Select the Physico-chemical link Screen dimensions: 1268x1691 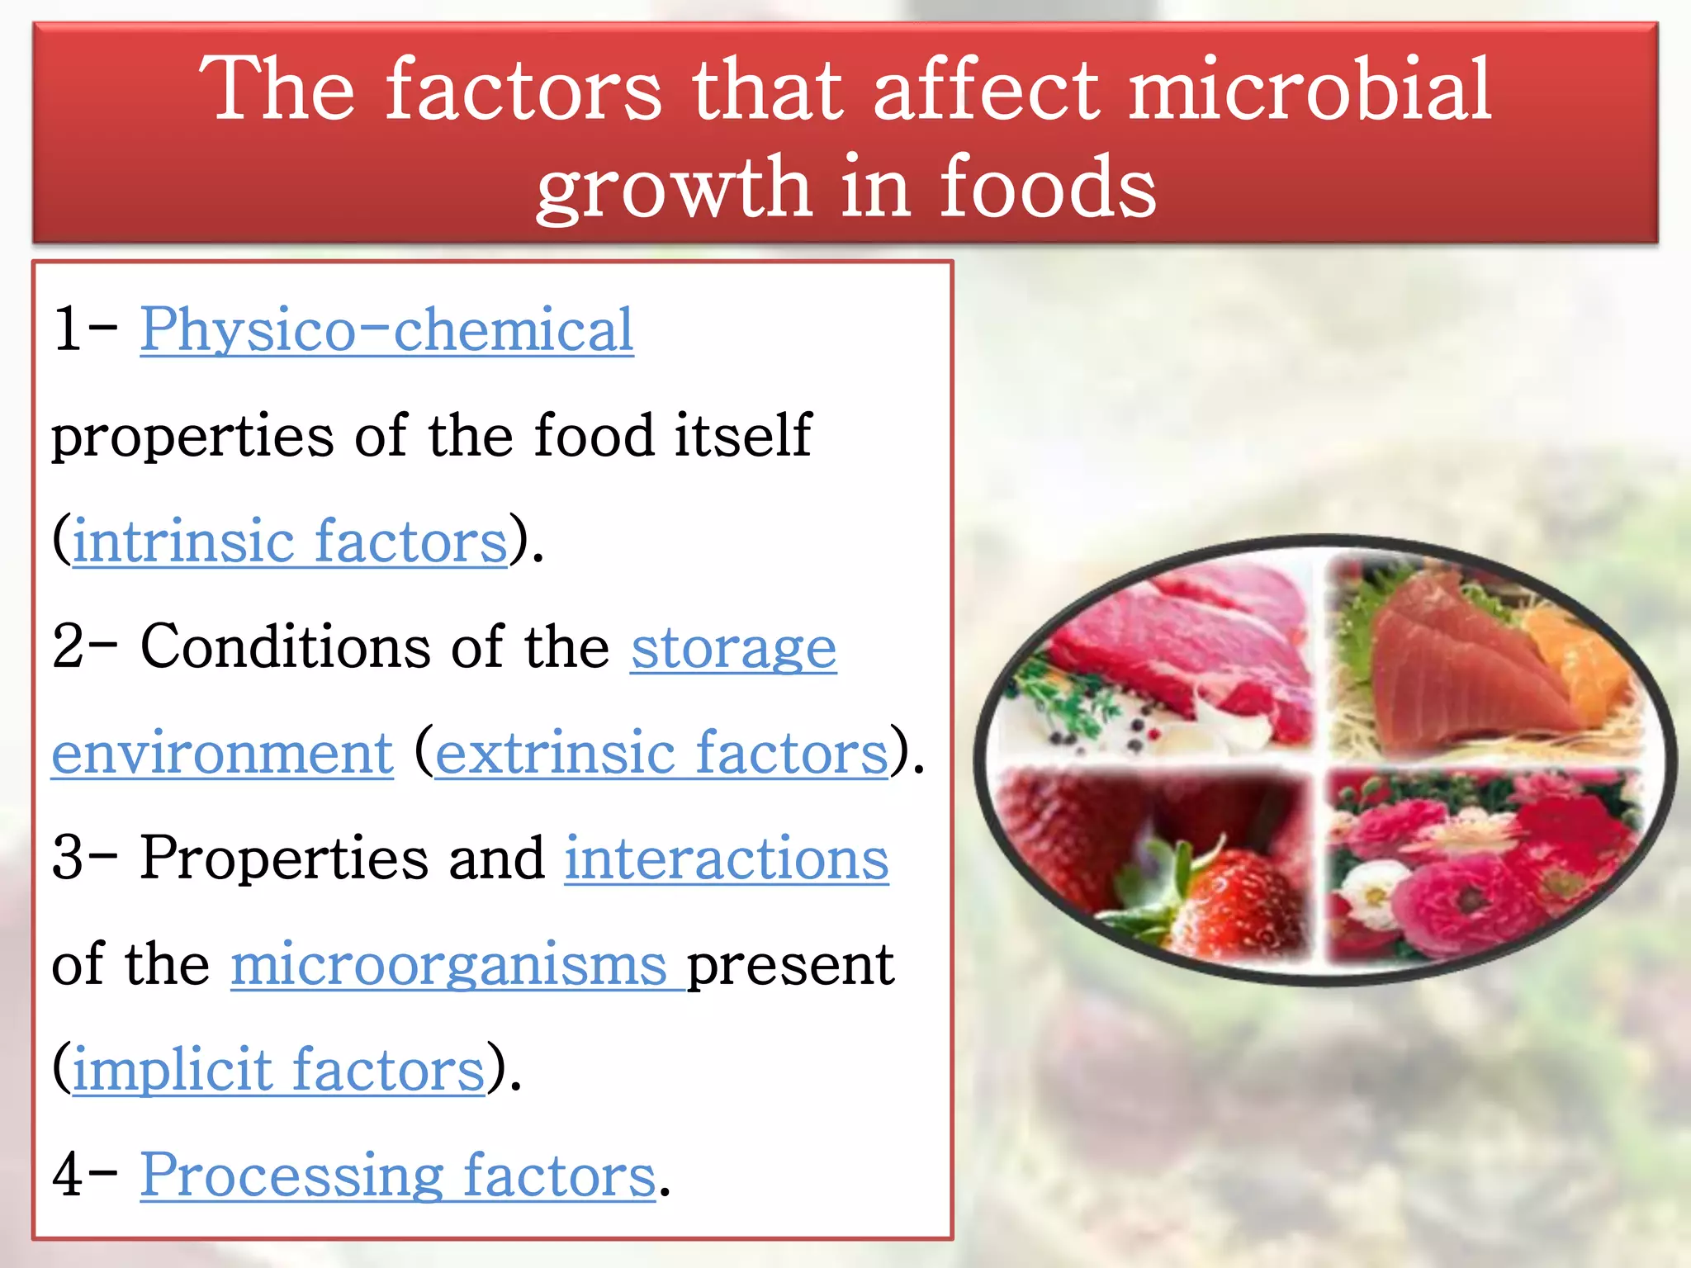click(x=386, y=329)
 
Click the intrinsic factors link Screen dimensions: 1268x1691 click(x=290, y=542)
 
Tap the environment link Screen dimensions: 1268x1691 click(x=222, y=753)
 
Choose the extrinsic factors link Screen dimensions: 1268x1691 click(x=661, y=753)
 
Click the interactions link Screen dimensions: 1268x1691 click(x=727, y=859)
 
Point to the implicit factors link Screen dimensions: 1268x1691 click(x=278, y=1070)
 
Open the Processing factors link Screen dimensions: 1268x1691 click(x=397, y=1176)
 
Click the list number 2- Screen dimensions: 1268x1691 click(x=83, y=646)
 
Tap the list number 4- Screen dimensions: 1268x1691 click(x=83, y=1176)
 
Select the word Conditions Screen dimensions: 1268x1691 click(x=286, y=646)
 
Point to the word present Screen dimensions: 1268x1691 click(x=790, y=964)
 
